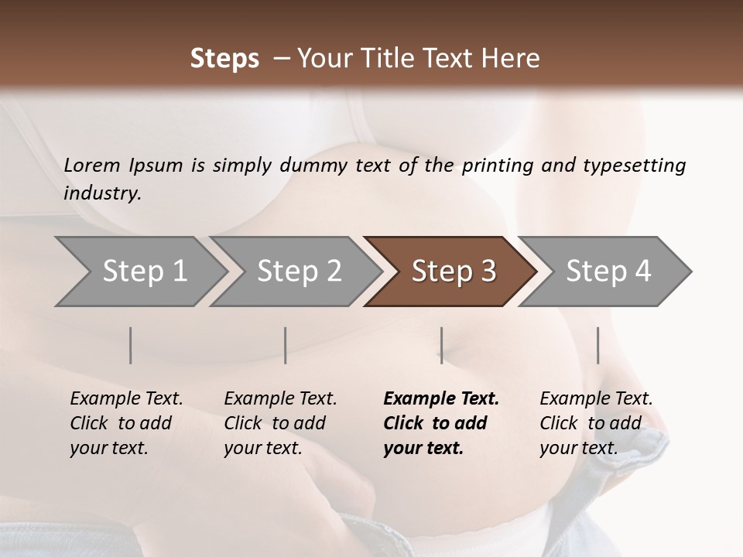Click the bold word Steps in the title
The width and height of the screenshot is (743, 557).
pyautogui.click(x=224, y=59)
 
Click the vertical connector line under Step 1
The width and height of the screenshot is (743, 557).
pyautogui.click(x=131, y=345)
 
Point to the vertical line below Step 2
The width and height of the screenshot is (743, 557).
pyautogui.click(x=286, y=345)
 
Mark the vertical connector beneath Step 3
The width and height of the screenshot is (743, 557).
pyautogui.click(x=441, y=345)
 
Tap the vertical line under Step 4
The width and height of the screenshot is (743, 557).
pyautogui.click(x=597, y=345)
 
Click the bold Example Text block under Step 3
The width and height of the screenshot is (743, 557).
pyautogui.click(x=440, y=423)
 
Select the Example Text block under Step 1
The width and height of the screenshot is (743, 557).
pyautogui.click(x=126, y=423)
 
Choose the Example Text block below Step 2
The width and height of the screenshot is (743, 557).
pyautogui.click(x=280, y=423)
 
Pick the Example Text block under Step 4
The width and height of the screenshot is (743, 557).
pyautogui.click(x=596, y=423)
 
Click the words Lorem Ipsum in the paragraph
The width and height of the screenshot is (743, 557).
pyautogui.click(x=123, y=166)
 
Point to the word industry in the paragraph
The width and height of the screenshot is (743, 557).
pyautogui.click(x=102, y=193)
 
